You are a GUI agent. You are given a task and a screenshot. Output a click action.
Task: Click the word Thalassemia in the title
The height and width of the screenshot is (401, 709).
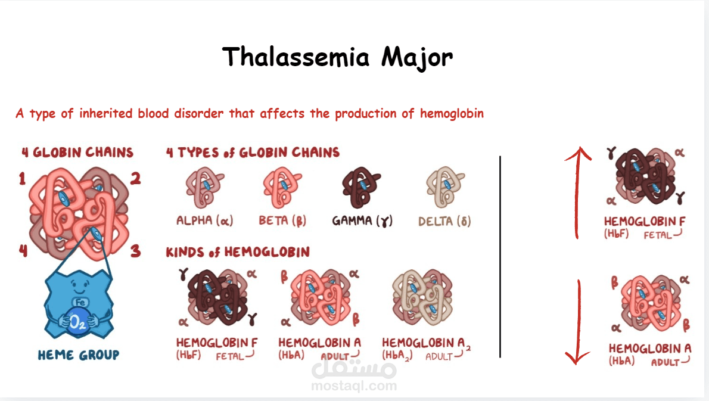296,57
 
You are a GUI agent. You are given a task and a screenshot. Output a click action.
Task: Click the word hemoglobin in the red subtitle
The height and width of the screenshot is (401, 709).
452,113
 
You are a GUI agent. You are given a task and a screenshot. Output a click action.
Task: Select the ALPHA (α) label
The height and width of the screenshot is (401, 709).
204,220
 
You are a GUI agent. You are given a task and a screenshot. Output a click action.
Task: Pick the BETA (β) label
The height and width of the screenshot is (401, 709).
282,220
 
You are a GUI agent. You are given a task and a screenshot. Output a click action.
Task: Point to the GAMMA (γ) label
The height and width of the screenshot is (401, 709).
362,220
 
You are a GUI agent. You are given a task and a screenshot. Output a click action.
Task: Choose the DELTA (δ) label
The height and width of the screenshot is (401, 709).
444,221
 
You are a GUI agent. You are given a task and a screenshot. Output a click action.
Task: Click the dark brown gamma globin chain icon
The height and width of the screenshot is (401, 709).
361,186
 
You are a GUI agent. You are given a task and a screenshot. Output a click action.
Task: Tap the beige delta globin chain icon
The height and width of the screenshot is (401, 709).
445,186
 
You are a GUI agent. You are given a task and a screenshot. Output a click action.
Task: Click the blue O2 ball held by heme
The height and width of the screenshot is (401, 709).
78,322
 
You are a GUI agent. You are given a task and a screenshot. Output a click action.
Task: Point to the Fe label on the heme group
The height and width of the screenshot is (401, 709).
80,302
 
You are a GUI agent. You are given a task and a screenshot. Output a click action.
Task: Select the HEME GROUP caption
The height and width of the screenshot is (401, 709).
79,355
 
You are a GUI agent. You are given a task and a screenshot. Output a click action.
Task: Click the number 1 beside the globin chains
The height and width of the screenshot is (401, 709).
22,179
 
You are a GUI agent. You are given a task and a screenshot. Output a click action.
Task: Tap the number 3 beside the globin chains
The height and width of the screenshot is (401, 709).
135,251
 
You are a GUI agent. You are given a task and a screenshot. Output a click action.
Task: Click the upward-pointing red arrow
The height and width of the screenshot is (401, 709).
577,192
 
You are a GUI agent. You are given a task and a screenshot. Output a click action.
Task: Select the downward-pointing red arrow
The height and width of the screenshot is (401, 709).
579,322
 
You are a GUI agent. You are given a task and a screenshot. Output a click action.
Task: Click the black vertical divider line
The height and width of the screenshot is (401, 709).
500,257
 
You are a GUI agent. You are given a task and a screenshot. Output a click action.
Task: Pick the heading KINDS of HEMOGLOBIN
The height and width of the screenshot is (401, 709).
238,252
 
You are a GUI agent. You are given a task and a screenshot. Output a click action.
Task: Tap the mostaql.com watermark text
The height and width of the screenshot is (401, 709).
354,386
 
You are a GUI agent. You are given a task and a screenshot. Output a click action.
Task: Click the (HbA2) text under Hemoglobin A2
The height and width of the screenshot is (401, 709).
397,356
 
